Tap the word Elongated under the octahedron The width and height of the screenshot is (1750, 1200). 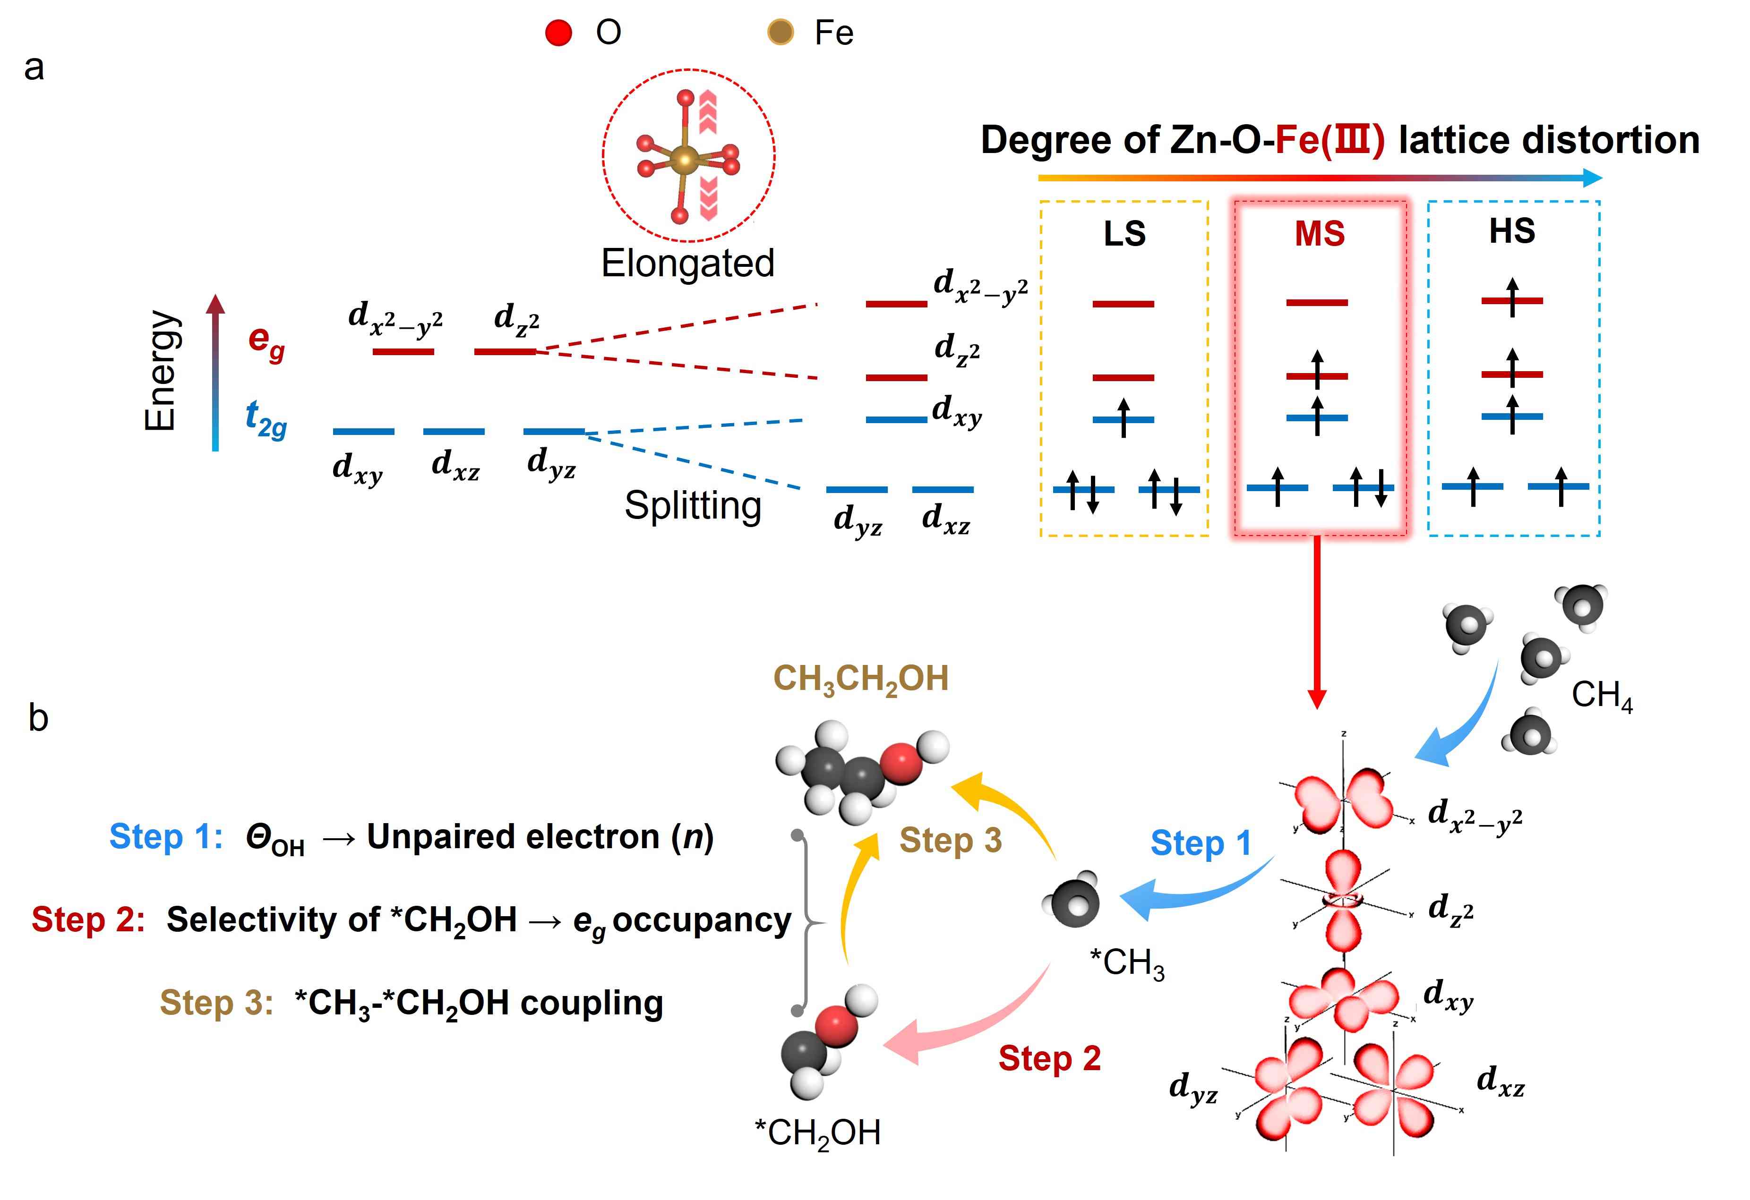pos(687,264)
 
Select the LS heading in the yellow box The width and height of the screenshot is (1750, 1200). pos(1124,234)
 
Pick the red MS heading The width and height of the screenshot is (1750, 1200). pos(1319,234)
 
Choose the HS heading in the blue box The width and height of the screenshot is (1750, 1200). pos(1511,231)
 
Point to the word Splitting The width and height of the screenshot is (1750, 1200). pos(693,505)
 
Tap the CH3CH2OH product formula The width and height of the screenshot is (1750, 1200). pos(861,680)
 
